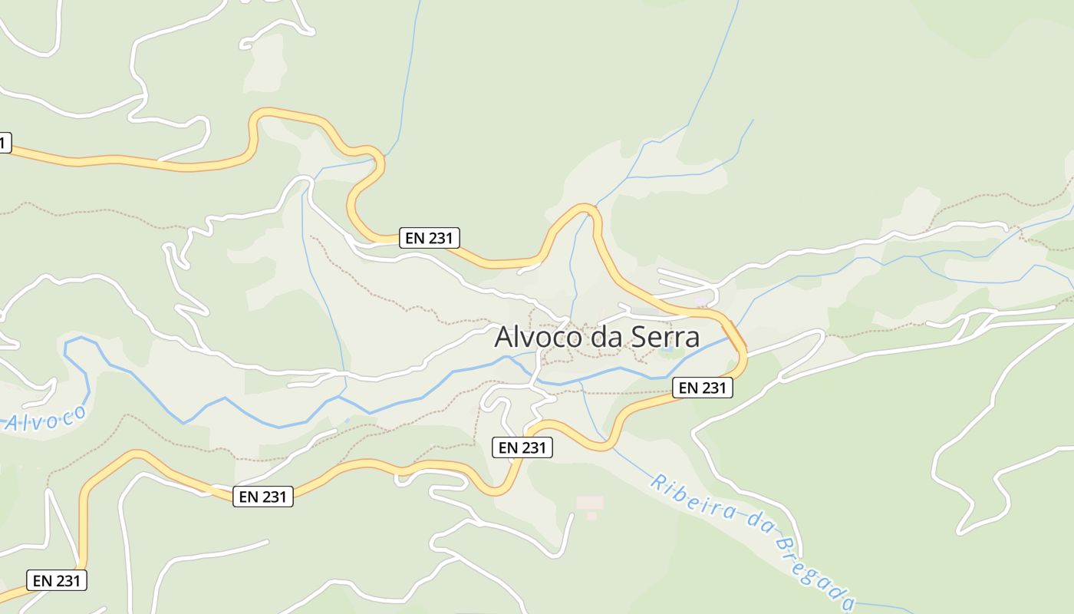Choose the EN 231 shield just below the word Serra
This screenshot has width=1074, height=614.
(x=702, y=388)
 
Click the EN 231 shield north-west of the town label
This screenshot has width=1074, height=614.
(x=429, y=238)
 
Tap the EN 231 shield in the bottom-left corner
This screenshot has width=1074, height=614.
(x=57, y=581)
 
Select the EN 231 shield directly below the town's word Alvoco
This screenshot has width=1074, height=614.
(x=522, y=447)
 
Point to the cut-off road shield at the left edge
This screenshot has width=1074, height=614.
(x=5, y=143)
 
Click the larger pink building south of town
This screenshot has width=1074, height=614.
(x=589, y=503)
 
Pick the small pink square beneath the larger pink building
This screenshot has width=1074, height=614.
(x=591, y=517)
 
